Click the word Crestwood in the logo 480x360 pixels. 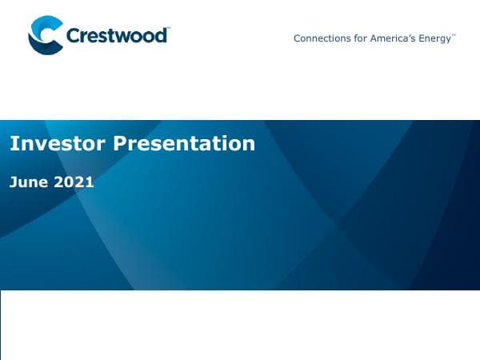click(x=116, y=36)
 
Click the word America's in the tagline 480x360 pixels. click(x=392, y=38)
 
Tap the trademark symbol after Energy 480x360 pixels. click(x=454, y=35)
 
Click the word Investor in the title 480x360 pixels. click(x=58, y=143)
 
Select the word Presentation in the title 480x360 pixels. click(x=184, y=143)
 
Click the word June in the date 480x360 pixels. click(x=29, y=182)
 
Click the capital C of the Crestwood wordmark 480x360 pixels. click(x=74, y=36)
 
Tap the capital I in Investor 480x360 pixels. click(x=12, y=143)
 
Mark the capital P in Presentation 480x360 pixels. click(x=120, y=143)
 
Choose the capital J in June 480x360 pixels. click(x=13, y=182)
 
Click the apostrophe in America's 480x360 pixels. click(x=409, y=36)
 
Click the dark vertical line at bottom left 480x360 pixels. click(x=1, y=325)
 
